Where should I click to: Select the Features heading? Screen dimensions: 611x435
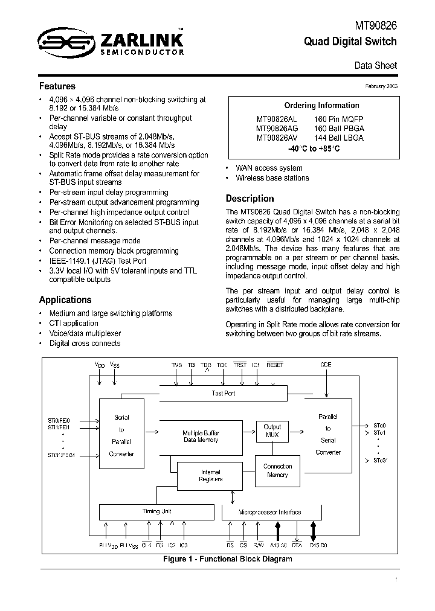click(57, 86)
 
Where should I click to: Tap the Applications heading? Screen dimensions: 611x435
click(65, 300)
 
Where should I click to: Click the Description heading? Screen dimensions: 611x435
click(250, 199)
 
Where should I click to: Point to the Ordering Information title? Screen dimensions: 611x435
click(313, 106)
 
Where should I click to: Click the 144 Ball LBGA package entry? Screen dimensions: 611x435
click(339, 138)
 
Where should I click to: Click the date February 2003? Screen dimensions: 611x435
click(381, 86)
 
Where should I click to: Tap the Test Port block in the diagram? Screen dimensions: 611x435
click(224, 393)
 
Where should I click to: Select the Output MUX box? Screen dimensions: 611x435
click(272, 430)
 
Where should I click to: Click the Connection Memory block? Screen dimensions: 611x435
click(277, 470)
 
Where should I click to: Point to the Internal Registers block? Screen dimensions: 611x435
click(210, 475)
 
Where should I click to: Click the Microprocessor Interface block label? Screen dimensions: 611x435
click(269, 512)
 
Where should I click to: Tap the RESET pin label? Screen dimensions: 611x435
click(274, 365)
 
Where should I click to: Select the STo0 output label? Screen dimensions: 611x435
click(379, 424)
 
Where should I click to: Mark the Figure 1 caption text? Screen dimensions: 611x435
click(227, 559)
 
